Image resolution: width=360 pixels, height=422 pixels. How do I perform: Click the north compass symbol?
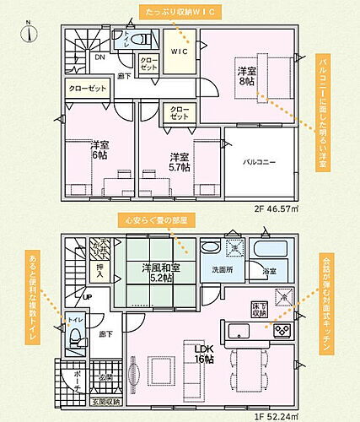pos(28,31)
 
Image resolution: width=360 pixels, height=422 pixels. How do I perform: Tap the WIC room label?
pos(178,51)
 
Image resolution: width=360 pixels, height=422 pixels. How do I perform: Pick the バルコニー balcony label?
pos(259,160)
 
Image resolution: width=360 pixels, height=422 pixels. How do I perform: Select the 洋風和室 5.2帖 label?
pos(151,273)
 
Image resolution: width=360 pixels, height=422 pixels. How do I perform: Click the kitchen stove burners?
pos(281,328)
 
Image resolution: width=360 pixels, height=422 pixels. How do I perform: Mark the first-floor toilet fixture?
pos(75,338)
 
